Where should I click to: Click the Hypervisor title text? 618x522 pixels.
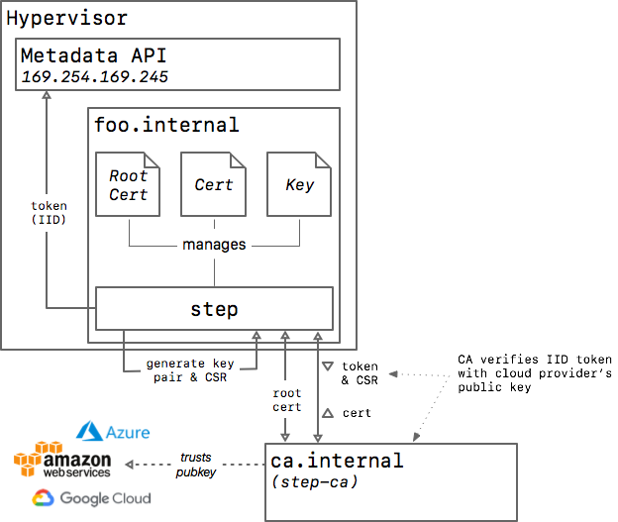pyautogui.click(x=66, y=19)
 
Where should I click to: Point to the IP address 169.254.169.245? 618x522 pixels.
pyautogui.click(x=94, y=77)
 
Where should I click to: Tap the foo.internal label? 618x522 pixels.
pyautogui.click(x=165, y=125)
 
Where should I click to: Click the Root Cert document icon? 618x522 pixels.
pyautogui.click(x=128, y=184)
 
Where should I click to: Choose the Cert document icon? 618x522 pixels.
pyautogui.click(x=213, y=184)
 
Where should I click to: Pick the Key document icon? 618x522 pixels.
pyautogui.click(x=299, y=184)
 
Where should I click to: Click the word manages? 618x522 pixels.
pyautogui.click(x=214, y=244)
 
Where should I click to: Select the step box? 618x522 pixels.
pyautogui.click(x=214, y=309)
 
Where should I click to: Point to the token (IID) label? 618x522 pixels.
pyautogui.click(x=49, y=213)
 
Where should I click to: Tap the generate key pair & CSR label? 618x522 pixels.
pyautogui.click(x=190, y=370)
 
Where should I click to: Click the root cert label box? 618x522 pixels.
pyautogui.click(x=286, y=399)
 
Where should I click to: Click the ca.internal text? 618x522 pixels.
pyautogui.click(x=337, y=461)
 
